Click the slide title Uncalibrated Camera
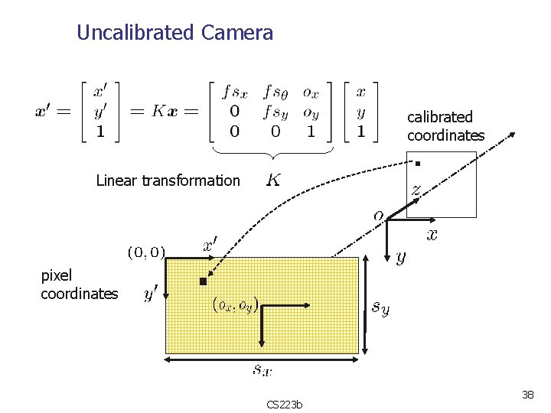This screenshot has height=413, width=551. pos(174,33)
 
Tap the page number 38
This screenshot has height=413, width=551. pos(527,395)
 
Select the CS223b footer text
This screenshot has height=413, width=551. pos(285,404)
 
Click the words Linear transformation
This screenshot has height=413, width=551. pos(168,180)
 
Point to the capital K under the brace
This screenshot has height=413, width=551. pos(272,180)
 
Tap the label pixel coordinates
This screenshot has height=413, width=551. pos(79,285)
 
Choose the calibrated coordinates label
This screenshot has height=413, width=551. pos(445,126)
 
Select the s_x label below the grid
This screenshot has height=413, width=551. pos(262,370)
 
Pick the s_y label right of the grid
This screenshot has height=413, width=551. pos(380,307)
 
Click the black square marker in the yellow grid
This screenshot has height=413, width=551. pos(203,281)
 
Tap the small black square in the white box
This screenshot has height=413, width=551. pos(418,163)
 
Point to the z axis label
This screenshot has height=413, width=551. pos(416,187)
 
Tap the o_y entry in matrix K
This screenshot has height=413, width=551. pos(311,113)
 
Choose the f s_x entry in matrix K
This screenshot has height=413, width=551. pos(234,93)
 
